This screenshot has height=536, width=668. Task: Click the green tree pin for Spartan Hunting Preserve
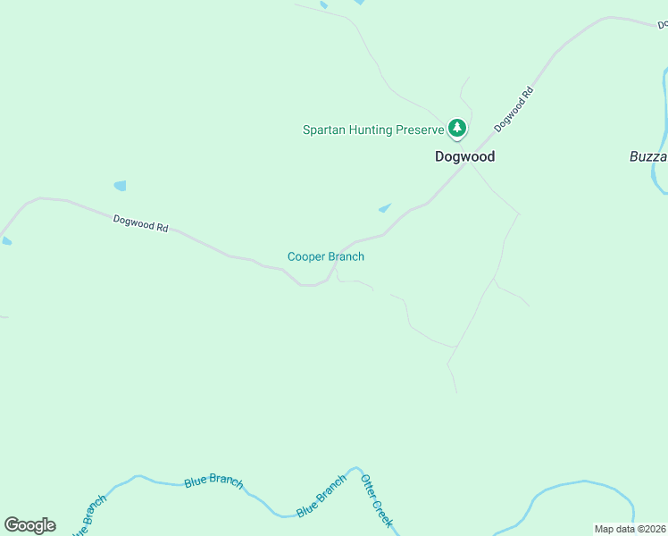click(457, 129)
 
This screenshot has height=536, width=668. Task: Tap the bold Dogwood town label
click(464, 156)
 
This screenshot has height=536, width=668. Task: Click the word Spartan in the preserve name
click(324, 130)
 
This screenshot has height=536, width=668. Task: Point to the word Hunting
click(372, 130)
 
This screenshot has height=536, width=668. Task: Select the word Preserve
click(420, 130)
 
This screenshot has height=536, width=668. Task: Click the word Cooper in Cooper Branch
click(306, 257)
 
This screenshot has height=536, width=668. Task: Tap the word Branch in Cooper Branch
click(347, 257)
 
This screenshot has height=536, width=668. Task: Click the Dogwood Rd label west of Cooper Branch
click(141, 223)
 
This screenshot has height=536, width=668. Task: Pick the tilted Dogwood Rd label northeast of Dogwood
click(514, 109)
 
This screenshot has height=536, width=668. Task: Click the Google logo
click(29, 525)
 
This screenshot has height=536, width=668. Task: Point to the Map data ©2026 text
click(630, 529)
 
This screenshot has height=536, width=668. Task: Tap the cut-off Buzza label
click(647, 156)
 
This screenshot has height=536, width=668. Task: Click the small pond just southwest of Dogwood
click(384, 209)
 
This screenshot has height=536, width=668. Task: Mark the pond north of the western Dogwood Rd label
click(120, 186)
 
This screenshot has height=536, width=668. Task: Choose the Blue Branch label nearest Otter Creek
click(321, 496)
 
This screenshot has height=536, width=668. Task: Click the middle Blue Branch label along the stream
click(213, 481)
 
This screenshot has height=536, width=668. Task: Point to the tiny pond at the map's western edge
click(6, 240)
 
